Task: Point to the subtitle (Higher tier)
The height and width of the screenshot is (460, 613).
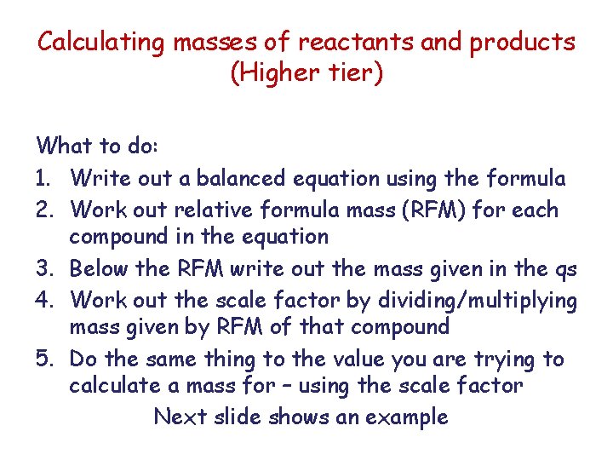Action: [306, 73]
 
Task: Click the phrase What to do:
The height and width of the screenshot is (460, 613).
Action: [96, 146]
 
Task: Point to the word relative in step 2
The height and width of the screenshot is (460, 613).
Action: [222, 209]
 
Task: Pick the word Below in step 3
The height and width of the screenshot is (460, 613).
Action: [99, 269]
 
